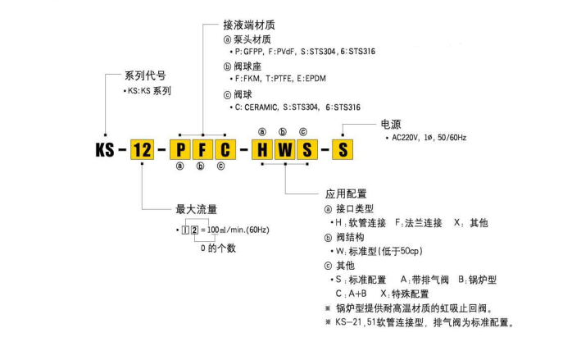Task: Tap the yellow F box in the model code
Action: tap(201, 150)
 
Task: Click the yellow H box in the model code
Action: tap(261, 150)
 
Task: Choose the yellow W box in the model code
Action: tap(283, 150)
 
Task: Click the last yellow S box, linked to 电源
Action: tap(344, 150)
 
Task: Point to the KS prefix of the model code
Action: tap(105, 150)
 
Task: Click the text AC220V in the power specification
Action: tap(411, 139)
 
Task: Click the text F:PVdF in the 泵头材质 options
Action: tap(289, 52)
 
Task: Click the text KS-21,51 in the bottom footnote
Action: tap(357, 322)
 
